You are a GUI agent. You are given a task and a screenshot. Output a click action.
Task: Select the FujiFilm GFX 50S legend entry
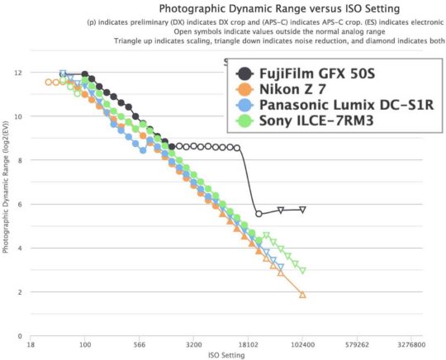point(316,74)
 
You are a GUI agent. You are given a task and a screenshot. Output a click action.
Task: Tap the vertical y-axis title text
point(7,205)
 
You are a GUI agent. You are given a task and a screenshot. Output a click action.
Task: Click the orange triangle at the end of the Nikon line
point(303,295)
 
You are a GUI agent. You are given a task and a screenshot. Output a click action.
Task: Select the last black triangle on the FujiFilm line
point(303,210)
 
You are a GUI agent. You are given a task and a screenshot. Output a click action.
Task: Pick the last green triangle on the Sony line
point(303,270)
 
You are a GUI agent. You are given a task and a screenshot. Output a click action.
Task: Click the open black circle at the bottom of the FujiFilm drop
point(259,214)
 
